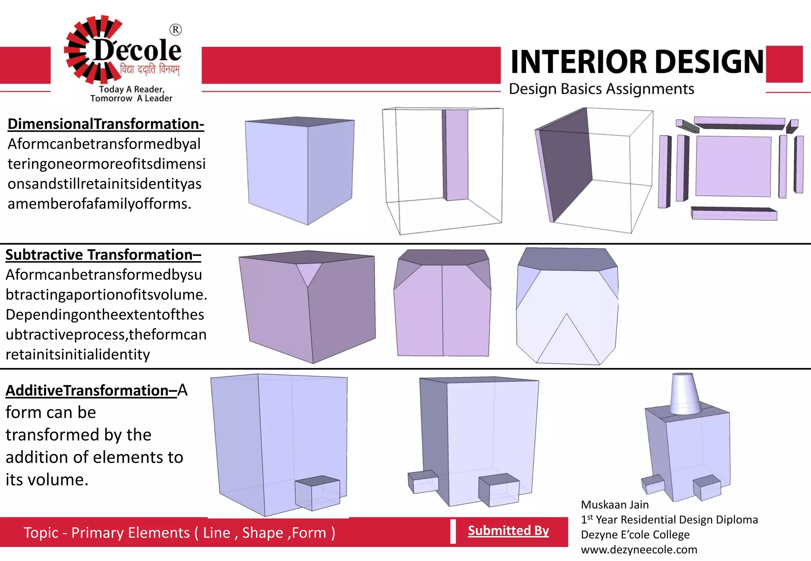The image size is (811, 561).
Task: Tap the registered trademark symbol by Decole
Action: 175,30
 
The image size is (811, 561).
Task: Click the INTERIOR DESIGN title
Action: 637,62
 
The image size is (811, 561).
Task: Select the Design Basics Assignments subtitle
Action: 601,89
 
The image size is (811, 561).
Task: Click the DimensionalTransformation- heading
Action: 106,124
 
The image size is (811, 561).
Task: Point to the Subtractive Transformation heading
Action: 103,255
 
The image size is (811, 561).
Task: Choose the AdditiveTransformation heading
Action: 91,390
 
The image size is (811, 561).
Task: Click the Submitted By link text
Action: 508,531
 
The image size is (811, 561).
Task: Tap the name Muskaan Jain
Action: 615,505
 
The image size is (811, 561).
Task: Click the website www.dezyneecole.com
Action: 639,550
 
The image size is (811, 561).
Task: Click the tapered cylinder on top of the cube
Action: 685,394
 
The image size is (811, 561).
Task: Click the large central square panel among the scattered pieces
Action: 733,166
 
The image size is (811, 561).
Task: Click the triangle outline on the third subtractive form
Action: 567,340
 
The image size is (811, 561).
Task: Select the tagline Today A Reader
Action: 131,89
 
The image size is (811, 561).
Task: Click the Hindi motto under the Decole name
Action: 150,70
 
